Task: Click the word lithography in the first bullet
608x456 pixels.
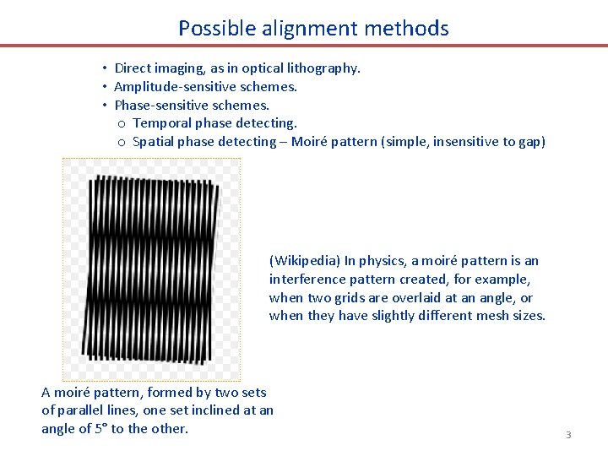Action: (325, 68)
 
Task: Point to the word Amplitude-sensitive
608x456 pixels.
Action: (171, 87)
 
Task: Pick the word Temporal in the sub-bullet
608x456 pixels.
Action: (160, 123)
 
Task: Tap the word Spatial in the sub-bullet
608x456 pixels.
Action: (153, 142)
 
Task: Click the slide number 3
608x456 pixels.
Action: (568, 435)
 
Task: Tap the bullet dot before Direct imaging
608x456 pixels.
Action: (103, 68)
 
